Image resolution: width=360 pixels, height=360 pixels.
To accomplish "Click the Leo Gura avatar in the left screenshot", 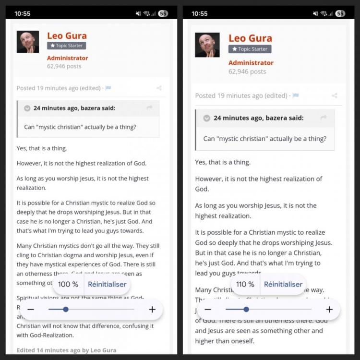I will coord(27,42).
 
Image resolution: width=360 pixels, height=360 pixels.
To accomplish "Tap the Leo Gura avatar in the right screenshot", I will coord(207,45).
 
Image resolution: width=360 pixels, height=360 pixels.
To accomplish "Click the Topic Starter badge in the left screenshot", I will coord(66,46).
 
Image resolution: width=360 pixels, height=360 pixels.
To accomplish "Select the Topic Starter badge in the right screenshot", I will coord(250,49).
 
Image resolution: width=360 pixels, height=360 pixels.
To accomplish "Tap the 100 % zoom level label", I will coord(68,284).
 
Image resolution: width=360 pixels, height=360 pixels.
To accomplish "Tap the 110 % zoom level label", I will coord(245,284).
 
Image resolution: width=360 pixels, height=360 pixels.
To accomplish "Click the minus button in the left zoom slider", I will coord(31,310).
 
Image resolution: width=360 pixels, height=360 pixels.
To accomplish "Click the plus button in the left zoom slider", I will coord(152,310).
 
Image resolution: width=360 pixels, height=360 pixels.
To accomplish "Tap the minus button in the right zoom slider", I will coord(208,310).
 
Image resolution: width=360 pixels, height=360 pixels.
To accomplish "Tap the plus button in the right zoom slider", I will coord(329,310).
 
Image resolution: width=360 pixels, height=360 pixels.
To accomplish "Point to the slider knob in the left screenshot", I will coord(66,310).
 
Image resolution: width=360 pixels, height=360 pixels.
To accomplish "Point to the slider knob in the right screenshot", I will coord(246,310).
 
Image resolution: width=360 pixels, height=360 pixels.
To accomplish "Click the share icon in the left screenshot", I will coord(159,88).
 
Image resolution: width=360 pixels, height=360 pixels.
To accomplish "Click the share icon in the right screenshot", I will coord(335,96).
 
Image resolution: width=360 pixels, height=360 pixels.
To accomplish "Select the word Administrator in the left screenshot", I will coord(67,58).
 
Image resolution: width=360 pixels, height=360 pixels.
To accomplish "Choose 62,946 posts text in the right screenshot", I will coord(247,72).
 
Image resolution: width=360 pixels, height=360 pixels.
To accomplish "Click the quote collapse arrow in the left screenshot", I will coord(27,108).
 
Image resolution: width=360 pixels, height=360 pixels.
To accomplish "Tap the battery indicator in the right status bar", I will coord(340,13).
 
